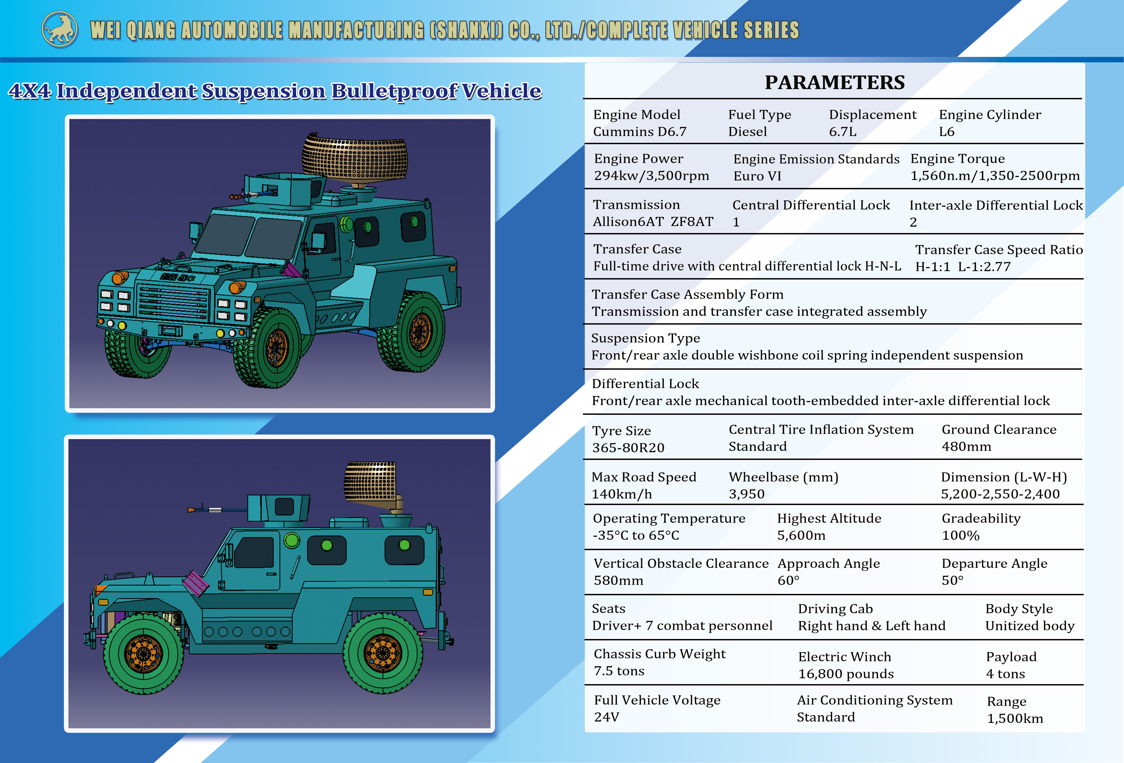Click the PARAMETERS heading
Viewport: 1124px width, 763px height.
[x=835, y=82]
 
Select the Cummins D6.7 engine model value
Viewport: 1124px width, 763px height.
[x=640, y=132]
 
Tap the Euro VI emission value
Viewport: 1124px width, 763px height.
[x=757, y=176]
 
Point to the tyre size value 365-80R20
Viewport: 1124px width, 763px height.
[x=628, y=447]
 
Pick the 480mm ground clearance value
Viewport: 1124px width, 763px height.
[x=966, y=447]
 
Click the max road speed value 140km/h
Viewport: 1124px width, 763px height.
[x=622, y=494]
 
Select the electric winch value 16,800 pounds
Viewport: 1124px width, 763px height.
[x=846, y=674]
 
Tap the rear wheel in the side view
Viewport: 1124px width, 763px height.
[x=383, y=653]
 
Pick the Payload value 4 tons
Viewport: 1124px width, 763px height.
[x=1006, y=674]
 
